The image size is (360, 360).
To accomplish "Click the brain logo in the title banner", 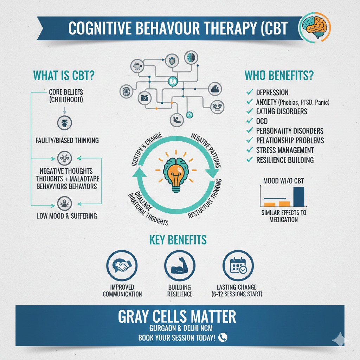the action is pos(314,27).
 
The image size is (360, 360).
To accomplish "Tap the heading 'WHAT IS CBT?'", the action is pos(64,76).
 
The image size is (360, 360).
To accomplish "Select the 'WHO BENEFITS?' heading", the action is pos(279,75).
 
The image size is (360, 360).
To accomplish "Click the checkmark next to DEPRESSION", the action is pos(250,92).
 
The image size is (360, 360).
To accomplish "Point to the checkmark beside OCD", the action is pos(250,121).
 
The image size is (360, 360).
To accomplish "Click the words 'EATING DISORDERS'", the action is pos(282,111).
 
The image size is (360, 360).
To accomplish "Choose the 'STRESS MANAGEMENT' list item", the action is pos(285,150).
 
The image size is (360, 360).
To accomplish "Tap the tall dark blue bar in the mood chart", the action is pos(299,197).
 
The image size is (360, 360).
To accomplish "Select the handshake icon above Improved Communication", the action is pos(122,265).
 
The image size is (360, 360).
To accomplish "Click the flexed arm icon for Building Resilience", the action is pos(180,265).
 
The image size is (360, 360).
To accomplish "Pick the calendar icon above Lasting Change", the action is pos(238,265).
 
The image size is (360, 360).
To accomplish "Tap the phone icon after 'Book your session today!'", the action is pos(223,337).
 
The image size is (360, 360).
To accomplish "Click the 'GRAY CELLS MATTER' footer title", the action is pos(177,316).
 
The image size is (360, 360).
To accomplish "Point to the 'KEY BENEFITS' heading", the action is pos(178,240).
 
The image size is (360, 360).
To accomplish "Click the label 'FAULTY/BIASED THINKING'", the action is pos(67,140).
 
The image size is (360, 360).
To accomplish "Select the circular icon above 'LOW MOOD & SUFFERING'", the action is pos(65,204).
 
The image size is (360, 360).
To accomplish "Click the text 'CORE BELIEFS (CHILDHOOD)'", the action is pos(66,96).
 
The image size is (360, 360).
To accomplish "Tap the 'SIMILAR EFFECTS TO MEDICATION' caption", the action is pos(284,216).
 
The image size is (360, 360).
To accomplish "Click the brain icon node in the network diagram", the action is pos(191,57).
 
